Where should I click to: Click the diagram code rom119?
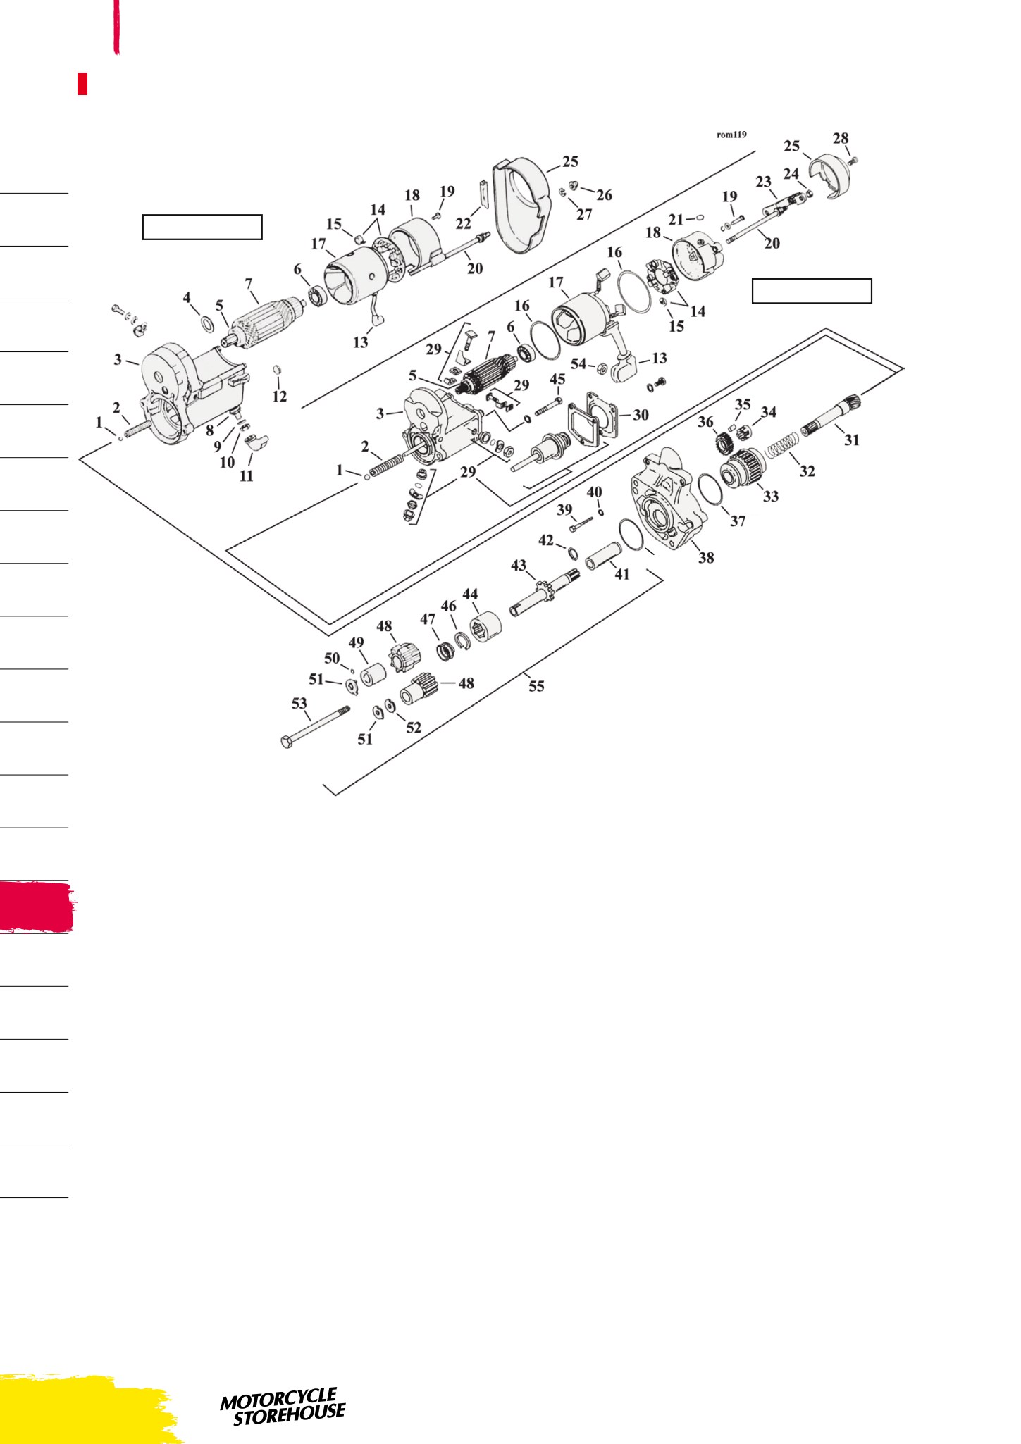coord(731,135)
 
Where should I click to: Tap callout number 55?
coord(536,685)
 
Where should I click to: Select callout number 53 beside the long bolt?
coord(299,703)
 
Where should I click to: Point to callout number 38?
coord(705,557)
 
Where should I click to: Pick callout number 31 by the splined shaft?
coord(852,440)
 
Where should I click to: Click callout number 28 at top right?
coord(841,138)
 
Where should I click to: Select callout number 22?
coord(463,223)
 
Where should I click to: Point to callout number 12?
coord(280,396)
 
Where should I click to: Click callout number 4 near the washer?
coord(187,298)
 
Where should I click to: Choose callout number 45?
coord(557,379)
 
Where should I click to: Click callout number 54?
coord(578,364)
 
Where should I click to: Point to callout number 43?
coord(519,566)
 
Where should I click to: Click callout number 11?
coord(246,476)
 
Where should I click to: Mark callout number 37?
coord(738,521)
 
